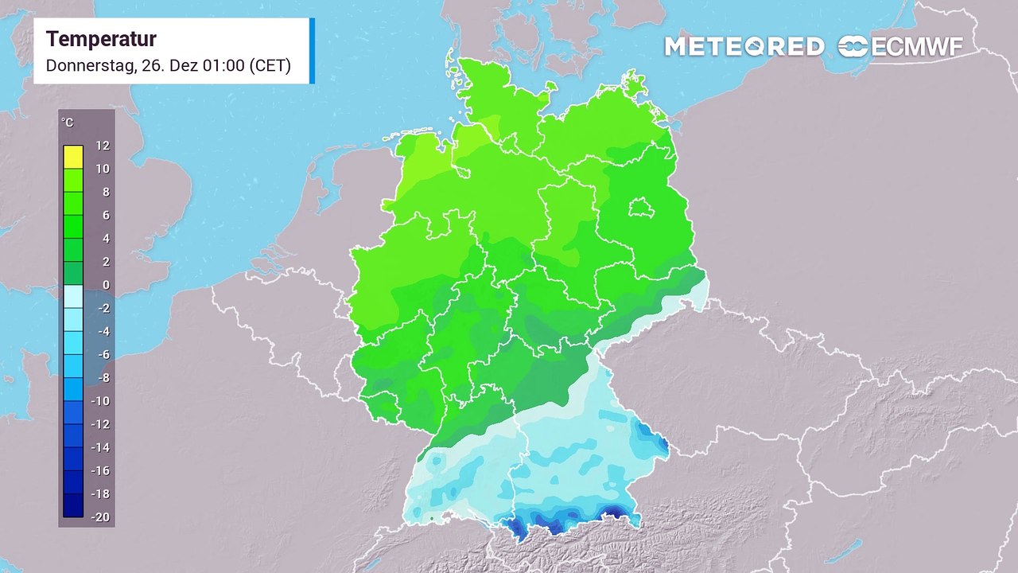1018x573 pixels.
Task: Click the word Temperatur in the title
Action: (x=101, y=39)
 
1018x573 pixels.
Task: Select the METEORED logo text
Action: (x=744, y=47)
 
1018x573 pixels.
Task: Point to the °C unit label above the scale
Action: (x=68, y=123)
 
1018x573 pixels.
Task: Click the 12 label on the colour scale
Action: (x=103, y=146)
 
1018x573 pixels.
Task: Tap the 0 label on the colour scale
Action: (x=105, y=285)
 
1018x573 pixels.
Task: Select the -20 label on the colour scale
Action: (x=102, y=517)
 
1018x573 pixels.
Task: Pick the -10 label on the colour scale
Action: (x=102, y=401)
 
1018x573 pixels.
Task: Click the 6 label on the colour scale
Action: (x=105, y=215)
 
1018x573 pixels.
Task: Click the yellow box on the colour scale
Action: (x=73, y=157)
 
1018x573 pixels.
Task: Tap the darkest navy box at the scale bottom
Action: (x=73, y=505)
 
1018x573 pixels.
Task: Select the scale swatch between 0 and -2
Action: (x=73, y=296)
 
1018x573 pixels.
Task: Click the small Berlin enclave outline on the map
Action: (x=641, y=209)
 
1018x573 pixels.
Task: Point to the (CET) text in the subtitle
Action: (x=270, y=66)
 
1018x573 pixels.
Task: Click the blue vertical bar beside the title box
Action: (x=312, y=50)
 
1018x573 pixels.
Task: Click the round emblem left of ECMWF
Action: (x=853, y=47)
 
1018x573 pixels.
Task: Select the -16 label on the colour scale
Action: (x=102, y=470)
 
